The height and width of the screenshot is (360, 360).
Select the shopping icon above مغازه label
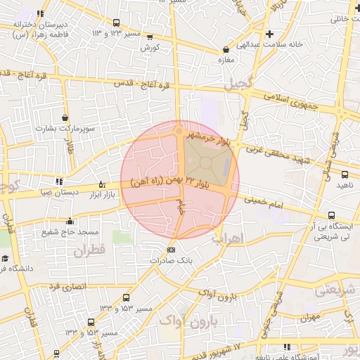tap(226, 50)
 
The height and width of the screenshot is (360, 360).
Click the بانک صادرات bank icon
tap(171, 250)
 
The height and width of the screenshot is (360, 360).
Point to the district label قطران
tap(87, 250)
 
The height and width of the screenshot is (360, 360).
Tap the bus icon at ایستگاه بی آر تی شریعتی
tap(331, 216)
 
